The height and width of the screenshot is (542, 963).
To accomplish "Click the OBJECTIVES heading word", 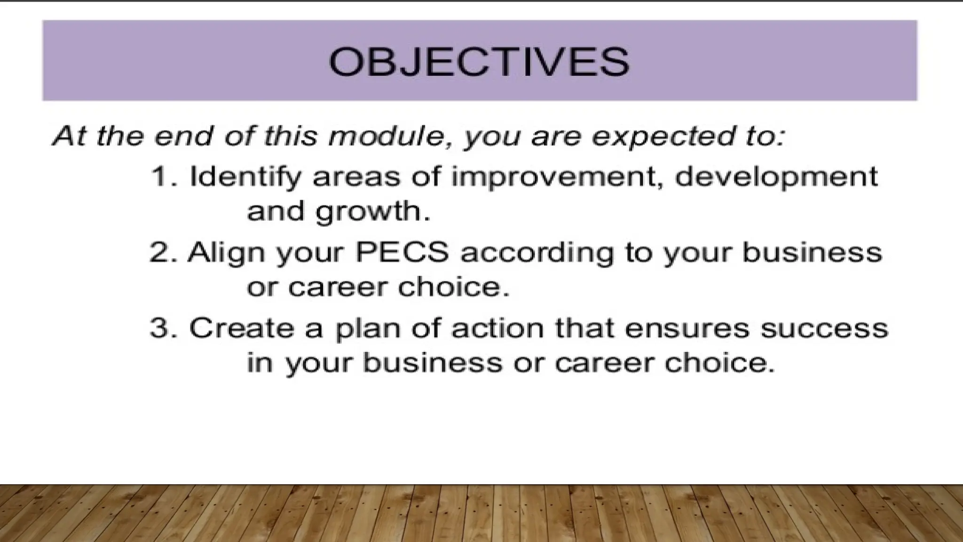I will click(x=479, y=62).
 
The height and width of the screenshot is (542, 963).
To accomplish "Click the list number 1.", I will click(x=162, y=177).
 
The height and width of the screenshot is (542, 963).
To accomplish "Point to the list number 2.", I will click(x=162, y=253).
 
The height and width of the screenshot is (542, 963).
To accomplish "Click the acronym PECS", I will click(x=402, y=252).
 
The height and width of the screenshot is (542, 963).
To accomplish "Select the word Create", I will click(x=241, y=328).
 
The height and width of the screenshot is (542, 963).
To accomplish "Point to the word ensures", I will click(x=687, y=328).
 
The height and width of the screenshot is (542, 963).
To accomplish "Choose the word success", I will click(x=824, y=328).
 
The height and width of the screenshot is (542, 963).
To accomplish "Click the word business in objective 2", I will click(x=812, y=252).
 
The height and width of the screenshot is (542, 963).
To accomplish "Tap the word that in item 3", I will click(x=584, y=328).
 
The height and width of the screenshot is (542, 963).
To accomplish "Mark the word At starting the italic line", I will click(x=70, y=137).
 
